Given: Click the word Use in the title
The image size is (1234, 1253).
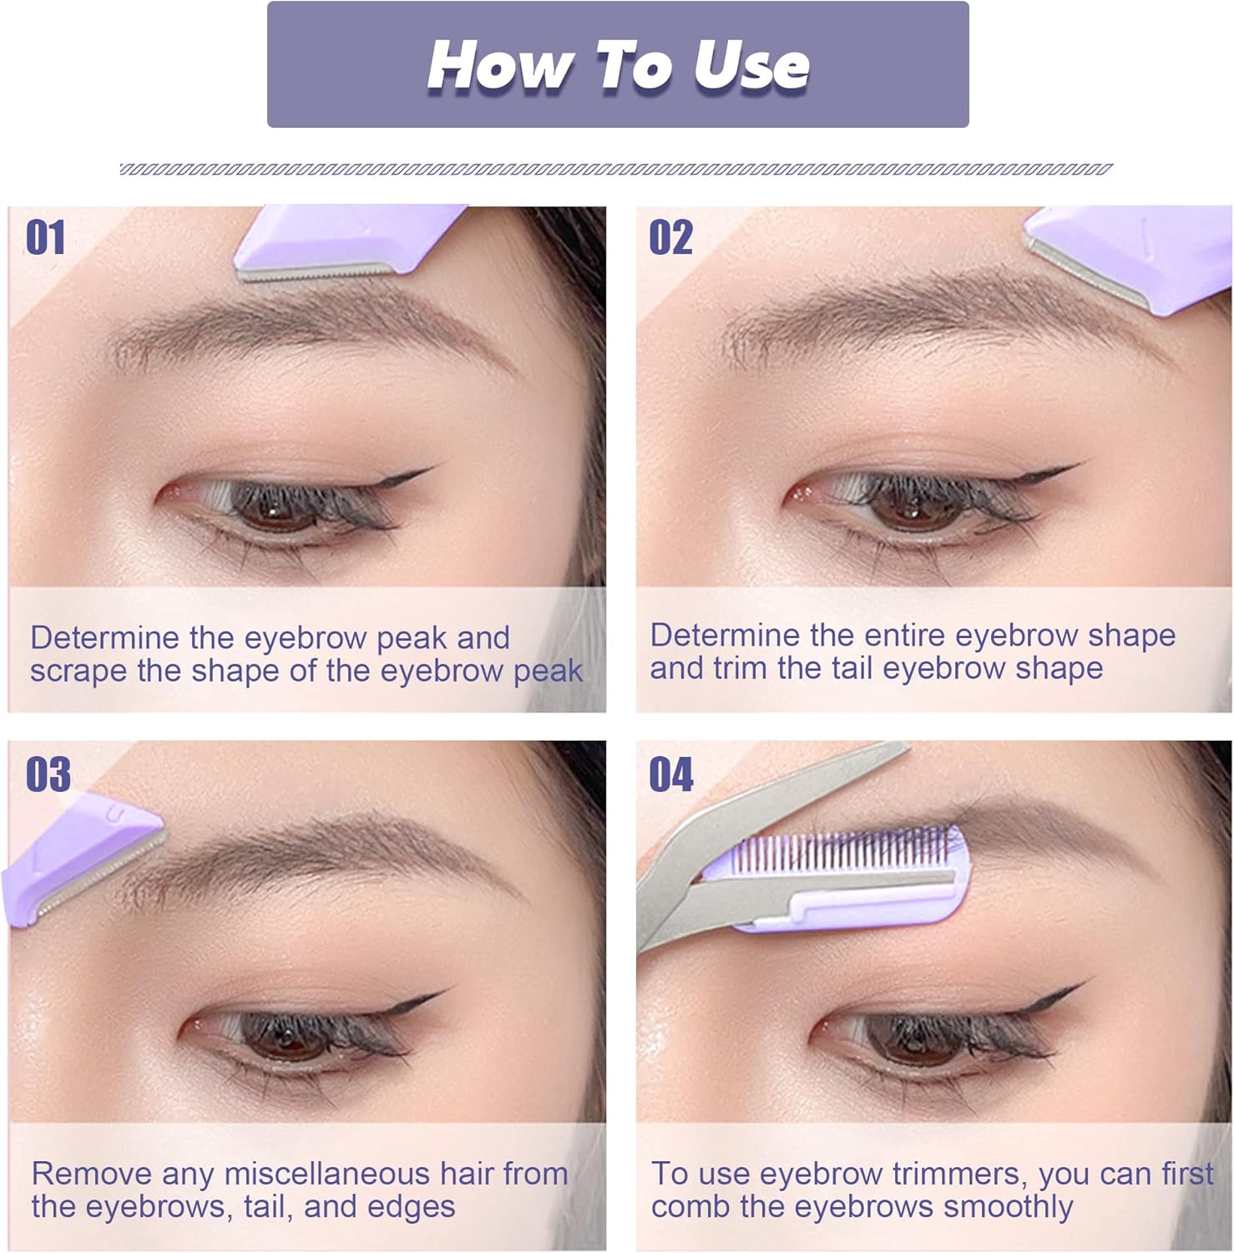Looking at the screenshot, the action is pos(751,65).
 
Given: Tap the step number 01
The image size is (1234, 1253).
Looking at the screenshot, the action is pos(46,238).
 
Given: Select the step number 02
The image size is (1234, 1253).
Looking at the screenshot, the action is pos(671,238).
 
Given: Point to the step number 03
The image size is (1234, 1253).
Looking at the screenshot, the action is pos(48,774).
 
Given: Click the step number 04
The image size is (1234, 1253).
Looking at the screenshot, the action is pos(672,774).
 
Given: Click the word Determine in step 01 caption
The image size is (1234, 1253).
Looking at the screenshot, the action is pos(105,638).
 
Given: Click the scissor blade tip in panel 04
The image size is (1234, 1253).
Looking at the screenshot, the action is pos(908,746).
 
